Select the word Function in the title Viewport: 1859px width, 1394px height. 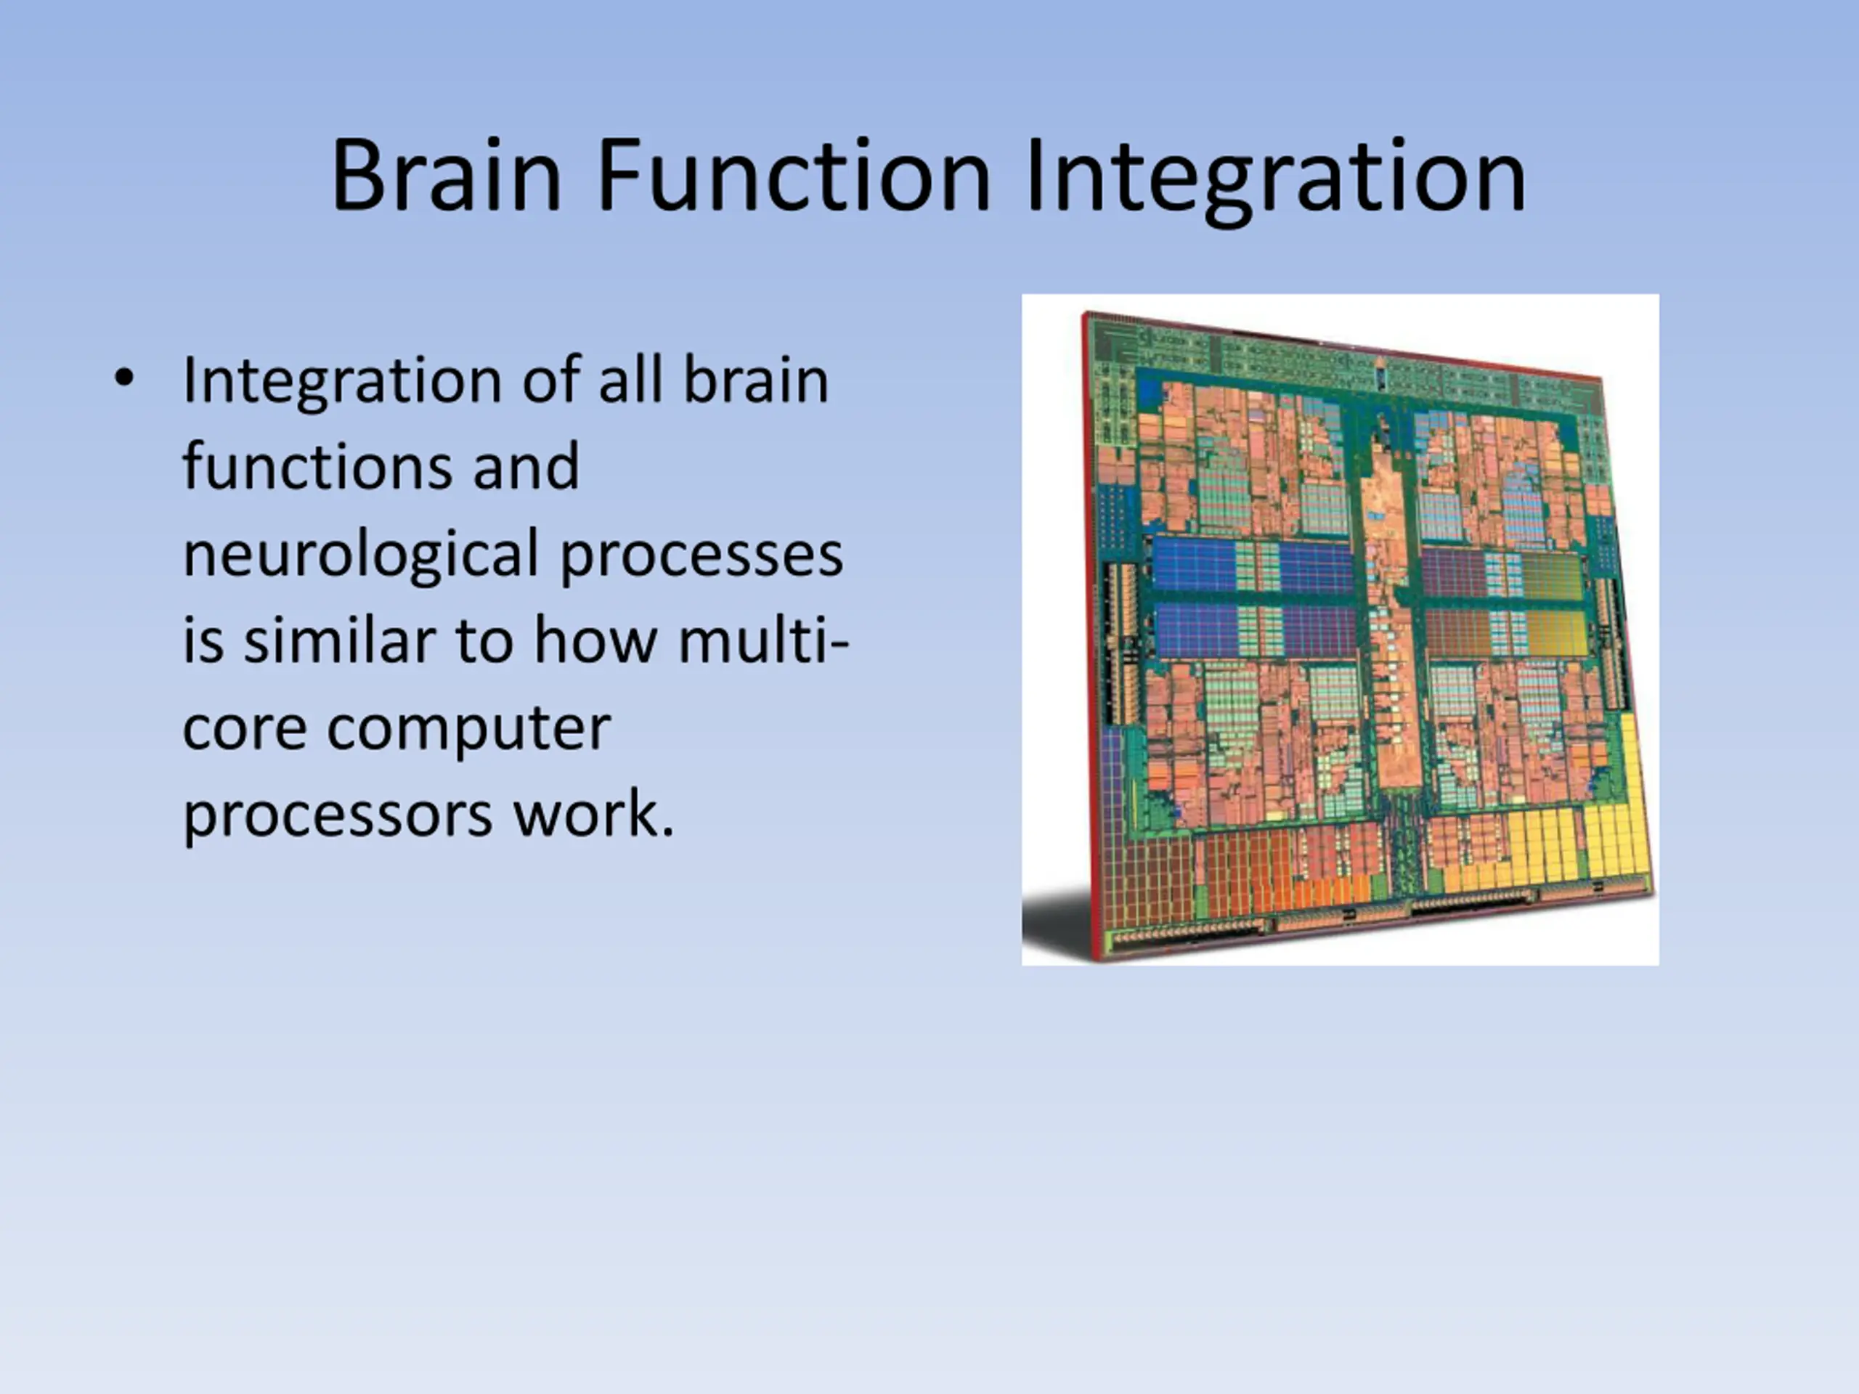[794, 176]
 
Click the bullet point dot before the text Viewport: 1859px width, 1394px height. [123, 379]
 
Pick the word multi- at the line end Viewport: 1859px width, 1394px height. [764, 640]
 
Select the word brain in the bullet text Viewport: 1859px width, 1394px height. [755, 380]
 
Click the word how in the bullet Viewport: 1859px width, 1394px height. [595, 640]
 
